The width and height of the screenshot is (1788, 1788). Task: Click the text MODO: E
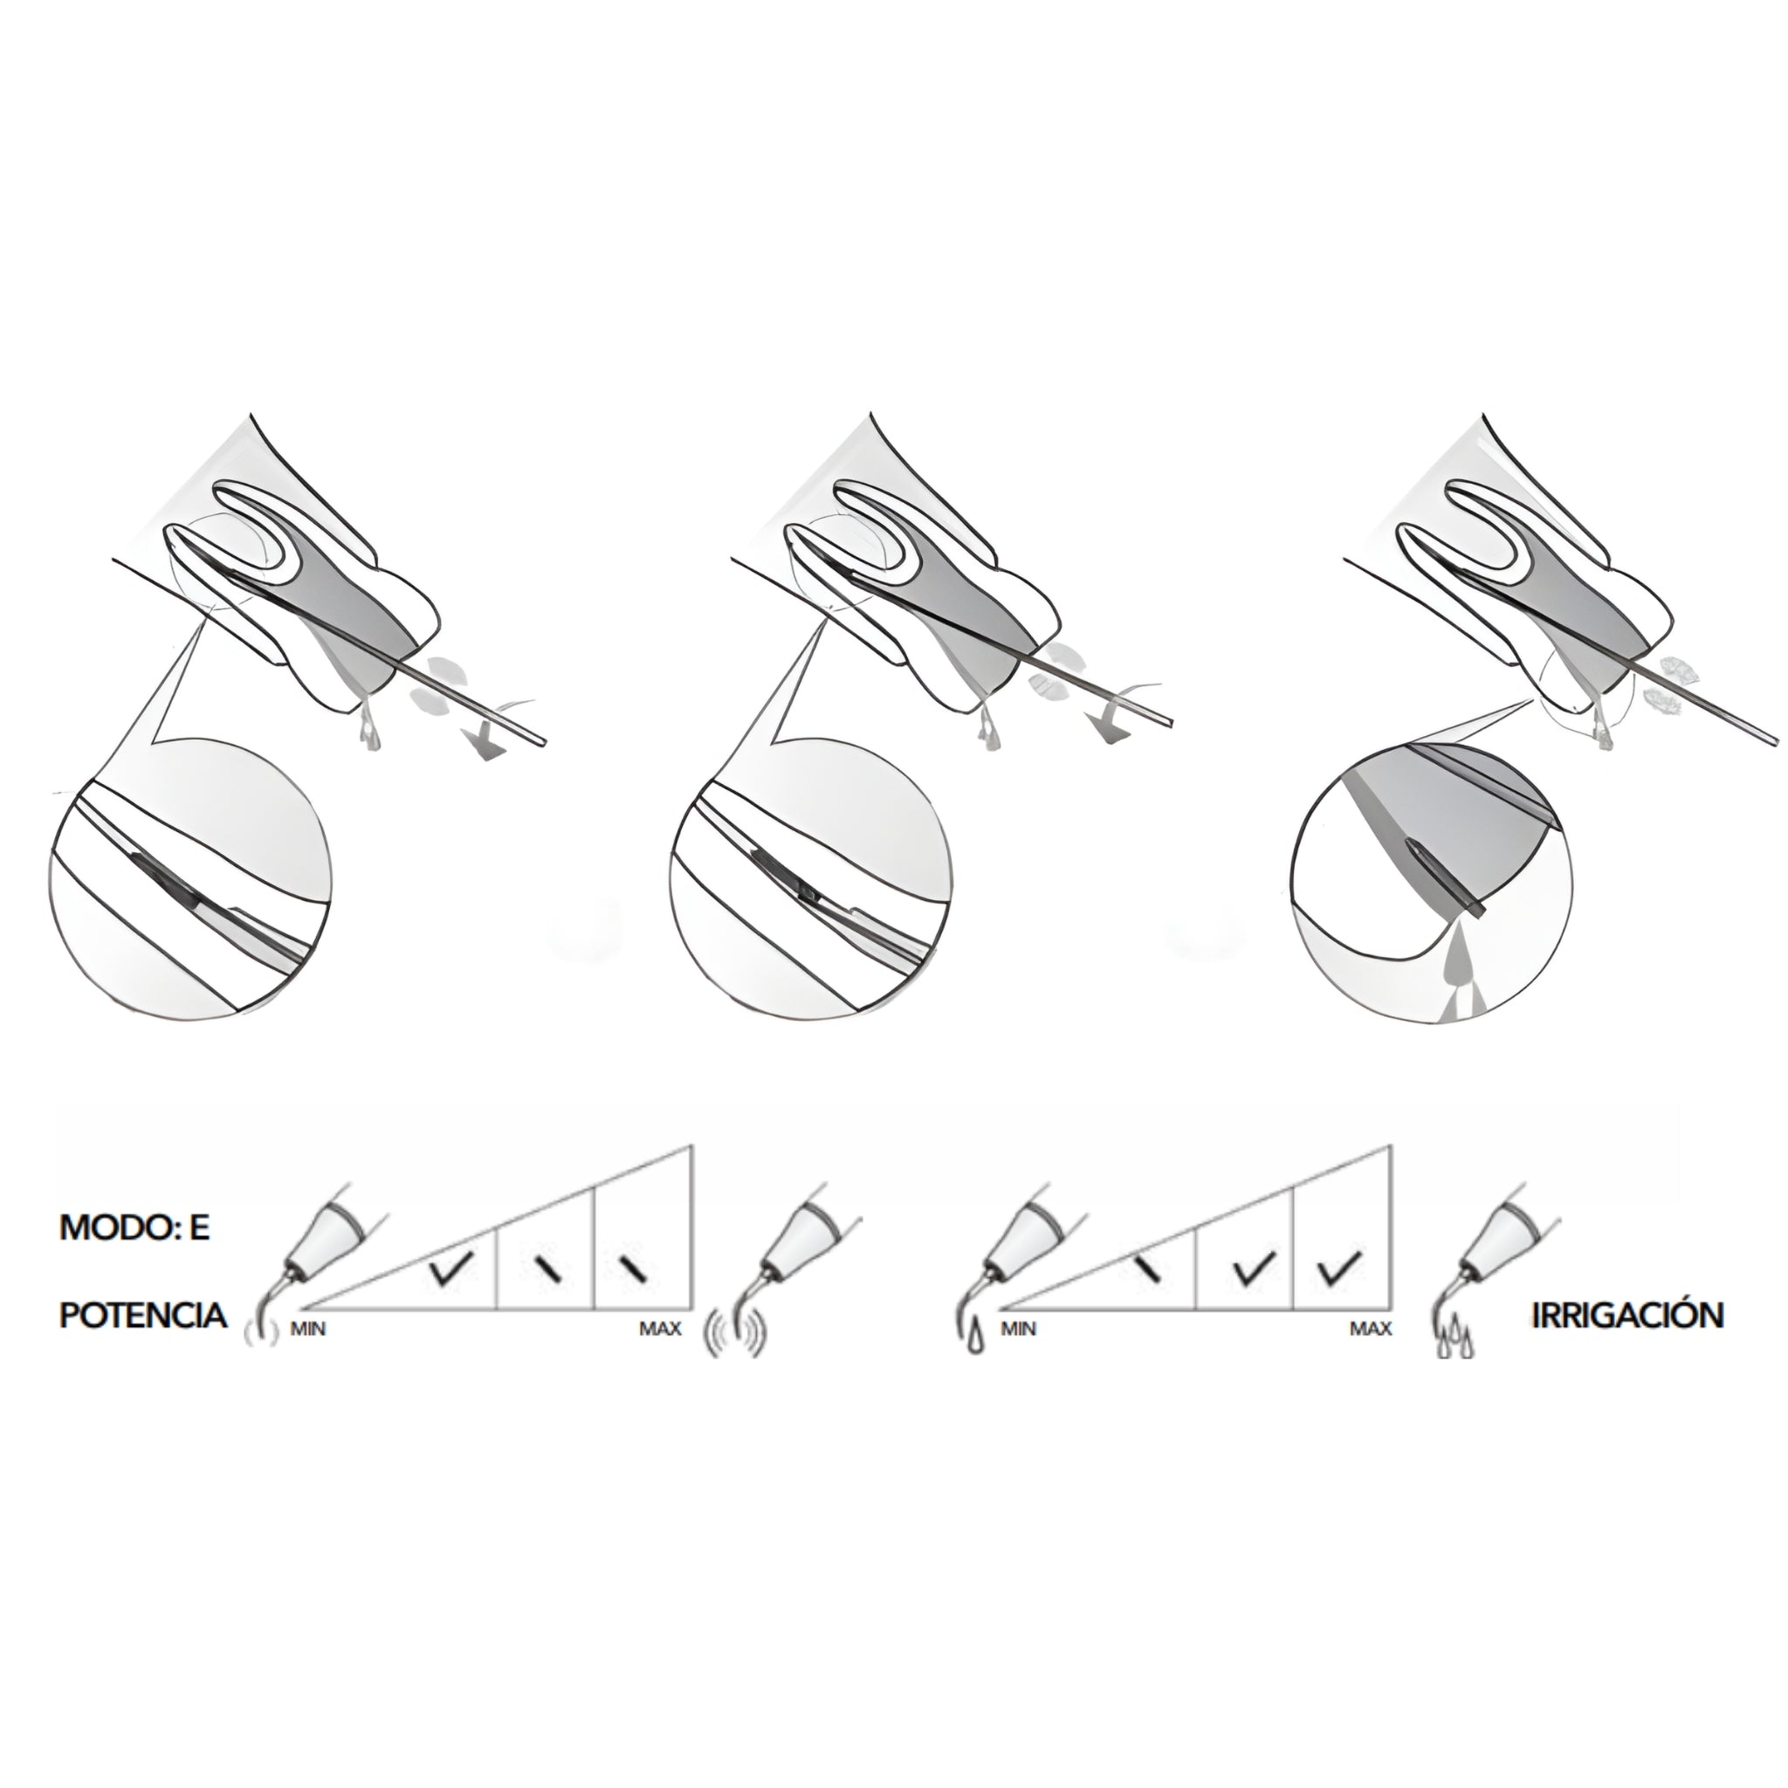pos(134,1228)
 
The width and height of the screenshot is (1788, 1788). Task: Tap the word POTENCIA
pos(143,1315)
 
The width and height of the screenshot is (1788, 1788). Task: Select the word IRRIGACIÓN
pos(1628,1315)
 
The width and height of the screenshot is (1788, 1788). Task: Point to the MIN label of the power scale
pos(308,1329)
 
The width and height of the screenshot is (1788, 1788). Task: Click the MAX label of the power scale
pos(660,1329)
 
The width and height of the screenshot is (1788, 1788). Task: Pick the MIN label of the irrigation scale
pos(1018,1329)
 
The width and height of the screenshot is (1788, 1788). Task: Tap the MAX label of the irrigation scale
pos(1371,1329)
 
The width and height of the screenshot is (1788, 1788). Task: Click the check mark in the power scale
pos(451,1269)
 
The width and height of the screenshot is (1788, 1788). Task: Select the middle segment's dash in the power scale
pos(548,1269)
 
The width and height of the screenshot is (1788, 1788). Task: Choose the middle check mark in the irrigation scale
pos(1255,1268)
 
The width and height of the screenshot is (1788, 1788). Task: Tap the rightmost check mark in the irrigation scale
pos(1338,1268)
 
